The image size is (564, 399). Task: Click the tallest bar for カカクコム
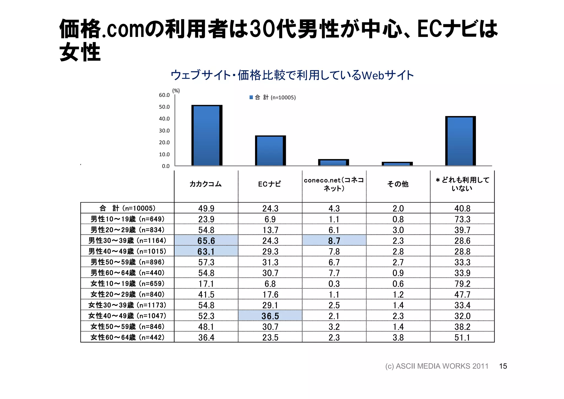click(x=207, y=136)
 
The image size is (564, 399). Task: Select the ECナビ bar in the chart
click(x=270, y=151)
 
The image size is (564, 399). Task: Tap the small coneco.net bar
click(x=333, y=163)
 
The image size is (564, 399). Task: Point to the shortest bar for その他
click(x=397, y=164)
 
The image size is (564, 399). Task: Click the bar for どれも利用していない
click(x=460, y=141)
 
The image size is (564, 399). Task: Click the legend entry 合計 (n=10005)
click(x=273, y=97)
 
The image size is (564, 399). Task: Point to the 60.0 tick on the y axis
click(x=164, y=95)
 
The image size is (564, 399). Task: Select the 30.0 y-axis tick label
click(x=164, y=131)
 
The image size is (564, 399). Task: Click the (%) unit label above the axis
click(x=176, y=91)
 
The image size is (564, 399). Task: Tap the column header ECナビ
click(x=270, y=184)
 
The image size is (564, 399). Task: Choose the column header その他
click(x=398, y=184)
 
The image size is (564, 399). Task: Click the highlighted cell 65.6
click(x=206, y=241)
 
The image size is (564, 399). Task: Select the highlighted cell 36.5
click(x=270, y=316)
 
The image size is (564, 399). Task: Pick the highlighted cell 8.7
click(x=334, y=241)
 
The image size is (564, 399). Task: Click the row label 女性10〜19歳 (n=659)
click(x=128, y=284)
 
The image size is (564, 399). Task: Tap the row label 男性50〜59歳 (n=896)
click(x=128, y=262)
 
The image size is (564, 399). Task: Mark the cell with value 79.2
click(x=462, y=284)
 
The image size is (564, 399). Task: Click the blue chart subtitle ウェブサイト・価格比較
click(x=292, y=75)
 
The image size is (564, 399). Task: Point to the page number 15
click(x=503, y=366)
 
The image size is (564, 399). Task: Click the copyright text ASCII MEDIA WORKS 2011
click(x=437, y=366)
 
